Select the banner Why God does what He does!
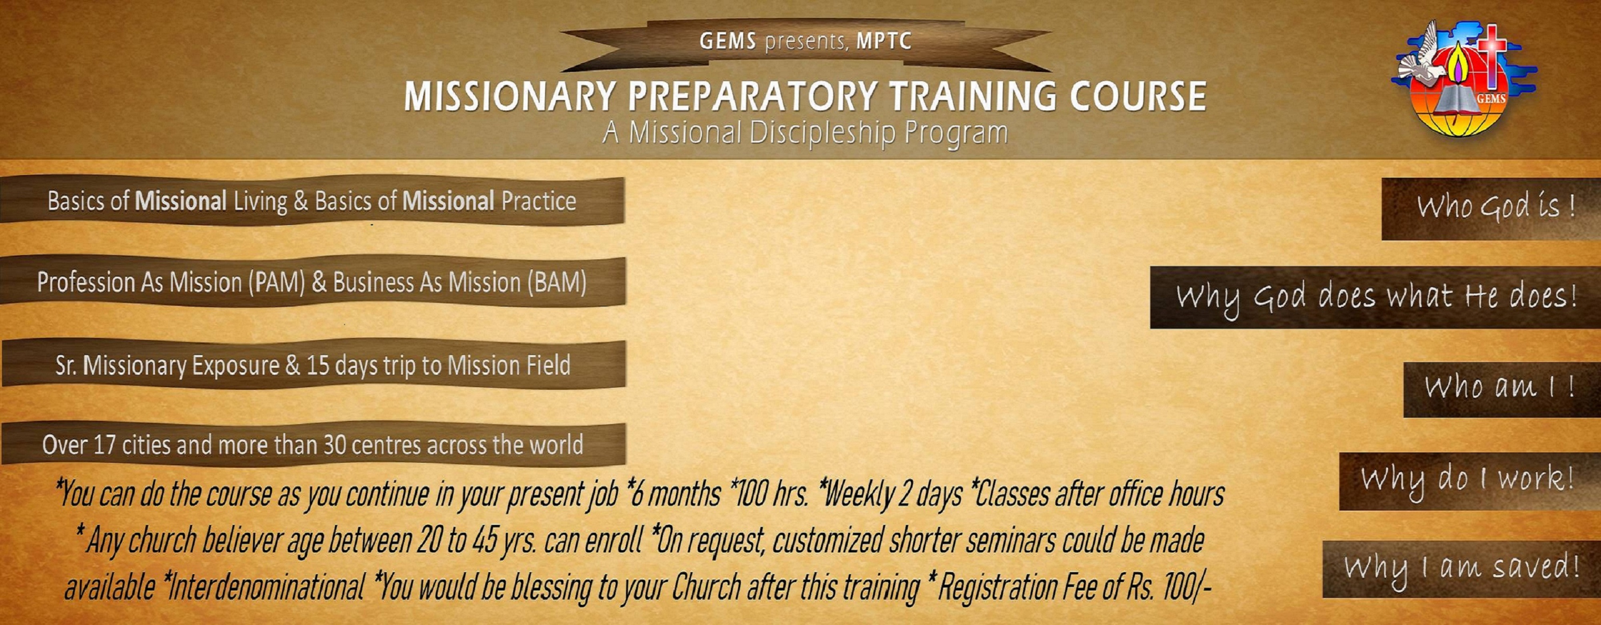(x=1375, y=297)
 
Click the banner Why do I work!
(x=1470, y=481)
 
